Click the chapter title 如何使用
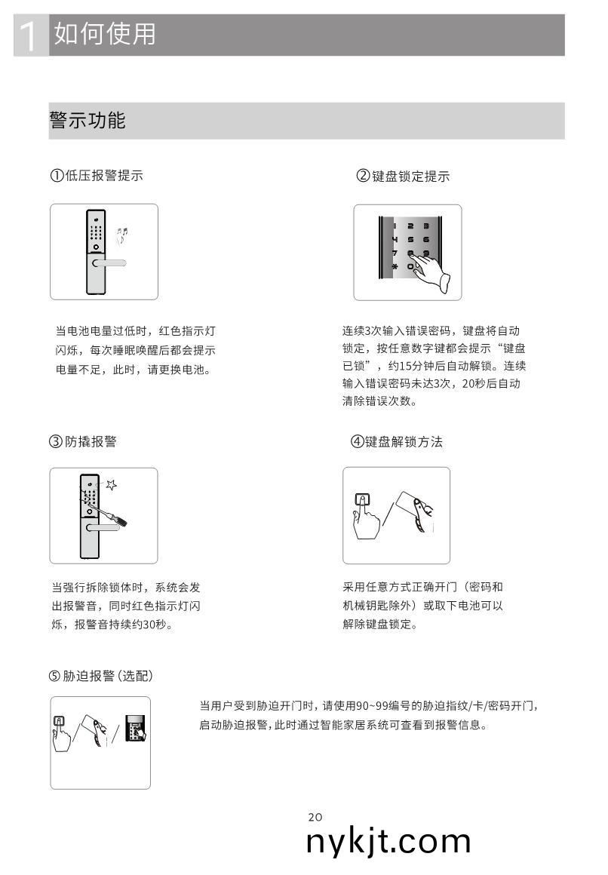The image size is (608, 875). pyautogui.click(x=105, y=34)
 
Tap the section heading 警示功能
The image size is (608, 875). pyautogui.click(x=88, y=120)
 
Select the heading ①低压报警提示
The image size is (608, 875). pyautogui.click(x=96, y=176)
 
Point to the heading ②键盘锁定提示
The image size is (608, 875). pyautogui.click(x=403, y=177)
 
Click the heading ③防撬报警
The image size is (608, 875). pyautogui.click(x=83, y=442)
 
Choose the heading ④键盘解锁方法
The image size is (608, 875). pyautogui.click(x=396, y=442)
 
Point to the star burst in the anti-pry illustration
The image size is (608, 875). pyautogui.click(x=111, y=484)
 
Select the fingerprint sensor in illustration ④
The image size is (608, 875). pyautogui.click(x=363, y=499)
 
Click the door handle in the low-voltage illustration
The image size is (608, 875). pyautogui.click(x=108, y=262)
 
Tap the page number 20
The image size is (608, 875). pyautogui.click(x=315, y=817)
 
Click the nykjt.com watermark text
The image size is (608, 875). pyautogui.click(x=388, y=841)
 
